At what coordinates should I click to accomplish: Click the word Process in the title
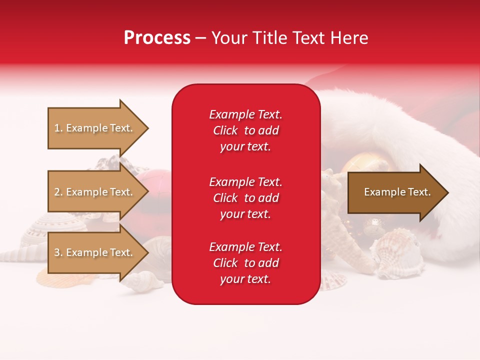(157, 38)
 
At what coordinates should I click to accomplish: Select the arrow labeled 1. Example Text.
(95, 128)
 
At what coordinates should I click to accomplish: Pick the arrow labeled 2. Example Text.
(95, 192)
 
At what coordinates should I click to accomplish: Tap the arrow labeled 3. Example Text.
(95, 252)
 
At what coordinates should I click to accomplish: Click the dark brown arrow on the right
(395, 192)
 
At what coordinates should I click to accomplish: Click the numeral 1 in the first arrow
(56, 128)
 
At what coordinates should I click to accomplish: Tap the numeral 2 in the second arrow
(56, 192)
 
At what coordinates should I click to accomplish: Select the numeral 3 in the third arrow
(56, 252)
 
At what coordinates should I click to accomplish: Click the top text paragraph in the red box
(245, 130)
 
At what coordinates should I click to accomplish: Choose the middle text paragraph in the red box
(245, 198)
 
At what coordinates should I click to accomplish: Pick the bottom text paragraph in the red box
(245, 263)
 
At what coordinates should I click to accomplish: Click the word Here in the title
(349, 38)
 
